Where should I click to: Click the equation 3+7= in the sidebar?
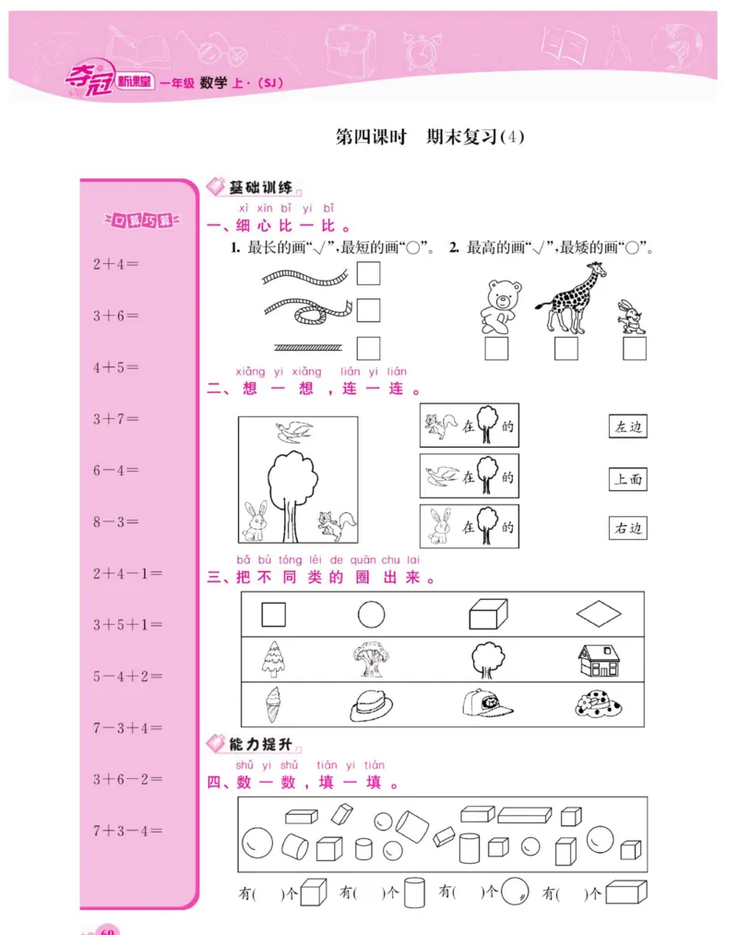pos(115,419)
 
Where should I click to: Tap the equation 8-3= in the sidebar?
pos(115,522)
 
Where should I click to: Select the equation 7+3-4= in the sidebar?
pos(127,831)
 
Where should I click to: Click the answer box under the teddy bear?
pos(496,349)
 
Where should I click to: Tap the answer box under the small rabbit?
pos(634,349)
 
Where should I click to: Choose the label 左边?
pos(627,427)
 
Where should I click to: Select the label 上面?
pos(627,478)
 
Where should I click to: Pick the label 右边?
pos(627,529)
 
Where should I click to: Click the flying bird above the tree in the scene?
pos(295,430)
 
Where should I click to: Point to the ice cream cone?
pos(274,704)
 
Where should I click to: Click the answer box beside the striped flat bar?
pos(368,348)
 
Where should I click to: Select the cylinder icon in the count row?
pos(413,892)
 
